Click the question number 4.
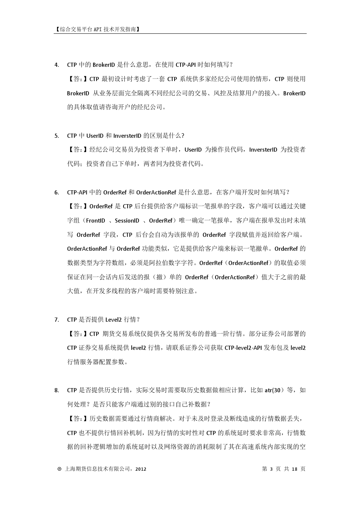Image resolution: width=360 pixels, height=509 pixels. (x=56, y=65)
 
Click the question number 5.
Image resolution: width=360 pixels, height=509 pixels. (x=56, y=136)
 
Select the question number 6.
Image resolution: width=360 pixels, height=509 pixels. (x=56, y=193)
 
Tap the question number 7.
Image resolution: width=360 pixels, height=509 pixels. (x=56, y=320)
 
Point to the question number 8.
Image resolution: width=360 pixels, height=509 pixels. (x=56, y=390)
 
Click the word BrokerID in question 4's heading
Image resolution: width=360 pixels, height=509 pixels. (x=104, y=65)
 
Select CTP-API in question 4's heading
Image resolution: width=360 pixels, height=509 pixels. (x=185, y=65)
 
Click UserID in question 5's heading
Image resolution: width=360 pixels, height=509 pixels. (x=95, y=136)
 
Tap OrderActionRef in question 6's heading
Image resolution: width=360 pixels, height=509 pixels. (x=156, y=192)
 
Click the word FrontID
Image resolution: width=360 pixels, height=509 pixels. (x=95, y=221)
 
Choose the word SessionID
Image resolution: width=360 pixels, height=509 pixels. (x=127, y=221)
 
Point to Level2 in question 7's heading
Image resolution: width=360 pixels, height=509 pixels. (x=113, y=320)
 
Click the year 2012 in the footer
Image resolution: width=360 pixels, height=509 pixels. (x=140, y=469)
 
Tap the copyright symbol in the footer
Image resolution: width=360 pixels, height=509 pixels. (x=59, y=469)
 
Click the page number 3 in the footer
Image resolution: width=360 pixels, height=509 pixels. (x=271, y=469)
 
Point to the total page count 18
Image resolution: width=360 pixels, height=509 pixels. (x=294, y=469)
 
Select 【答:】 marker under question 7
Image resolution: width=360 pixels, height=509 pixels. (x=78, y=334)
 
